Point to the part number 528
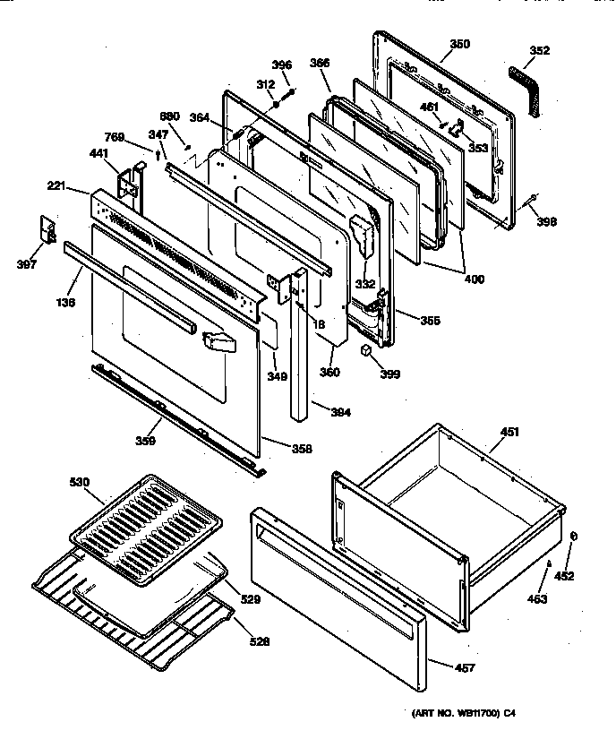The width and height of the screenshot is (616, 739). point(258,641)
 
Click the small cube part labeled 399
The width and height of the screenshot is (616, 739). point(367,348)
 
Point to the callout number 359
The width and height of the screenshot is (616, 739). point(145,440)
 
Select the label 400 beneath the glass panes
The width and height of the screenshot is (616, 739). point(474,279)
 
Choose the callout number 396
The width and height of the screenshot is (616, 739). point(281,64)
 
